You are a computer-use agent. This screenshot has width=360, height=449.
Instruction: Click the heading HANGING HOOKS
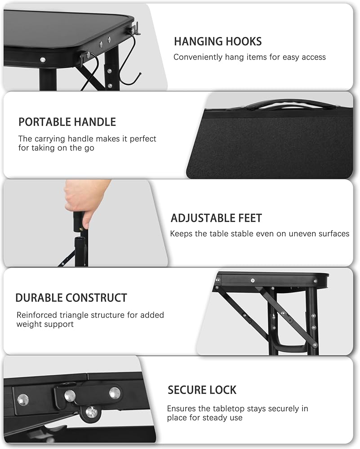tap(218, 41)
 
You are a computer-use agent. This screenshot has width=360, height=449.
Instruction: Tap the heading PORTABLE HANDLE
tap(67, 122)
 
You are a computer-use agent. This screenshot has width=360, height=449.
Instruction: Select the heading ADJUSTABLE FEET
tap(216, 218)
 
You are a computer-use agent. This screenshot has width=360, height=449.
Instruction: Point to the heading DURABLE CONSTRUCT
tap(71, 298)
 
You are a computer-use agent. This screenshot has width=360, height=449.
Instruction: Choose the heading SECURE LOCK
tap(202, 390)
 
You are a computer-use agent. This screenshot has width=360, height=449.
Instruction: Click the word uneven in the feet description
tap(272, 233)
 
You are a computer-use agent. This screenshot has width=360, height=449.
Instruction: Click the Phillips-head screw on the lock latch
tap(91, 412)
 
